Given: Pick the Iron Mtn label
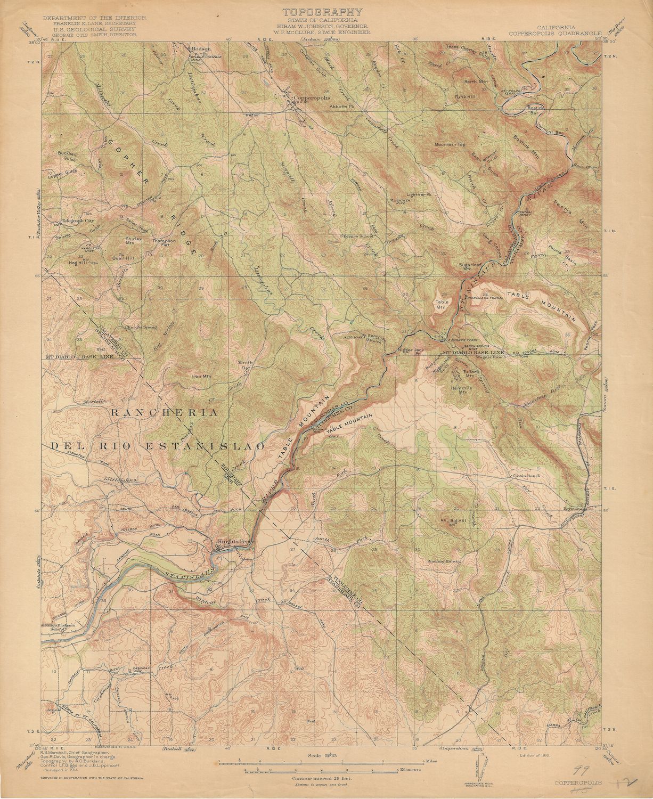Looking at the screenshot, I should pyautogui.click(x=201, y=376).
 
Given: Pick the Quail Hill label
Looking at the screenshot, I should pyautogui.click(x=124, y=258).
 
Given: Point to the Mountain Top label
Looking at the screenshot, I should pyautogui.click(x=450, y=144).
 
